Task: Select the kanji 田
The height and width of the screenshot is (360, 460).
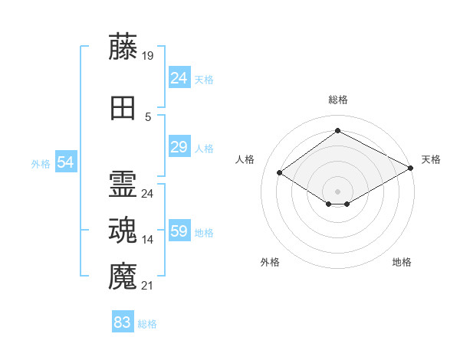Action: click(x=123, y=108)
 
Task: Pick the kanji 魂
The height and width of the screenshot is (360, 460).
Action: click(x=123, y=230)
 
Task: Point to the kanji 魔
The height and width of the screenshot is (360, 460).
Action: click(x=123, y=275)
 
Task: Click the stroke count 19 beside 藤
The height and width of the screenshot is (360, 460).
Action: click(x=148, y=56)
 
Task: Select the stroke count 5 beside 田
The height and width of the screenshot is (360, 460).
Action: click(x=148, y=117)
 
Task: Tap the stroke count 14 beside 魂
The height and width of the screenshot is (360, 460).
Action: click(x=148, y=240)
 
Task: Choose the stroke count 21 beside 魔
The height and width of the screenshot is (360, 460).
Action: click(x=148, y=286)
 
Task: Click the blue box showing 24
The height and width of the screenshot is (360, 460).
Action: click(x=179, y=78)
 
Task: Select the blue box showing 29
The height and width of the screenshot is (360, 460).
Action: click(x=179, y=147)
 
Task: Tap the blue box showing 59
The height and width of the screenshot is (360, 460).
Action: click(x=179, y=231)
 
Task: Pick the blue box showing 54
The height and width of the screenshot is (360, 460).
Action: click(x=65, y=162)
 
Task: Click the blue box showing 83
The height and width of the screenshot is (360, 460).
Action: click(x=123, y=322)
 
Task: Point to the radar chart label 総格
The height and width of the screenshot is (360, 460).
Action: click(x=337, y=100)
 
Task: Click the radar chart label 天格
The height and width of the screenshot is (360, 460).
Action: click(x=431, y=159)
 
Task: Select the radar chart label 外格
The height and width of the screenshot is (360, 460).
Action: click(x=270, y=262)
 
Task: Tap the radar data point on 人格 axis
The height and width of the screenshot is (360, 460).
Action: click(x=280, y=173)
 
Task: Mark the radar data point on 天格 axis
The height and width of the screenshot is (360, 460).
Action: click(x=412, y=168)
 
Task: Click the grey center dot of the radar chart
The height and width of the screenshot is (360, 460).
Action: click(x=337, y=190)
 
